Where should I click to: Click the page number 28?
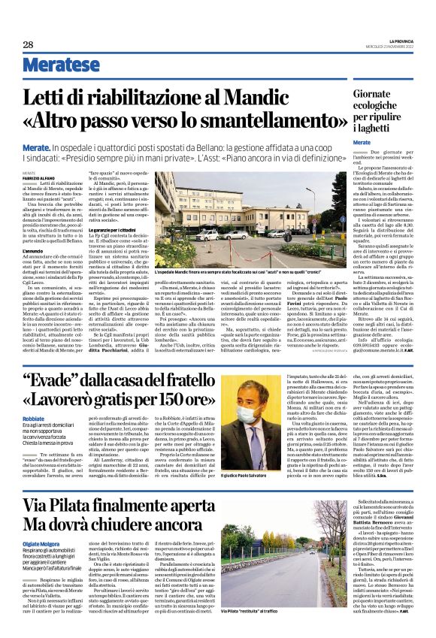(x=28, y=45)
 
